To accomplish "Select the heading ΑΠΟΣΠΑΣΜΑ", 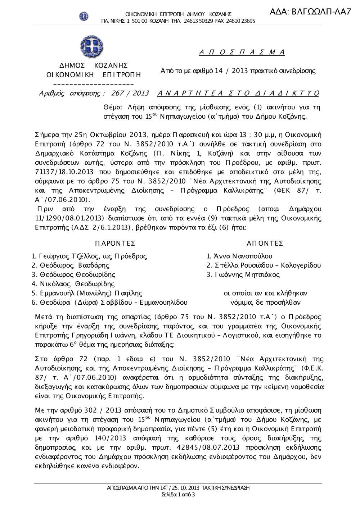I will pyautogui.click(x=242, y=53).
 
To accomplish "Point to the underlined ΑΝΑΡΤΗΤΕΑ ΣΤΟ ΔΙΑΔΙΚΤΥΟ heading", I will pyautogui.click(x=238, y=94).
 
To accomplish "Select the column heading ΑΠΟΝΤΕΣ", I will pyautogui.click(x=265, y=244).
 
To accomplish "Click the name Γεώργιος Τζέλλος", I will pyautogui.click(x=68, y=256).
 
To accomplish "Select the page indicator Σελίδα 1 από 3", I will pyautogui.click(x=178, y=495).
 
